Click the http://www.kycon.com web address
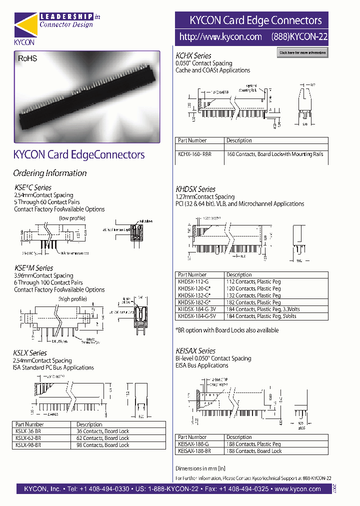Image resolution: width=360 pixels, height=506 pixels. [220, 37]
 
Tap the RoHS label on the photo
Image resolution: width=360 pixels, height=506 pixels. [27, 58]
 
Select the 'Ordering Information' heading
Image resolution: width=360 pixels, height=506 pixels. [50, 173]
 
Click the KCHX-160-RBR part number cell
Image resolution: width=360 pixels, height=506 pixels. [195, 154]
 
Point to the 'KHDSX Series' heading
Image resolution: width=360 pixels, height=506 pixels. [195, 189]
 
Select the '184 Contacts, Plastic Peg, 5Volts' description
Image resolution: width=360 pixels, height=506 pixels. [261, 316]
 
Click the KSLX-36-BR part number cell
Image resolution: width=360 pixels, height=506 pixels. [28, 431]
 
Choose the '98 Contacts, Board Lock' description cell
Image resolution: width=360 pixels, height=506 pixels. [102, 445]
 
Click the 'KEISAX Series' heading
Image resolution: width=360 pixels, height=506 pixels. [195, 351]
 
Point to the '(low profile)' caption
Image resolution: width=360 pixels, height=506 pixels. [72, 218]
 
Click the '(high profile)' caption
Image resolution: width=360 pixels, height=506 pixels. [72, 299]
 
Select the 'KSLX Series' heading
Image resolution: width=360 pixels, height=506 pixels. [30, 353]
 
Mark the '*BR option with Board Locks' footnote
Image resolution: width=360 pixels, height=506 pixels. [227, 330]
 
